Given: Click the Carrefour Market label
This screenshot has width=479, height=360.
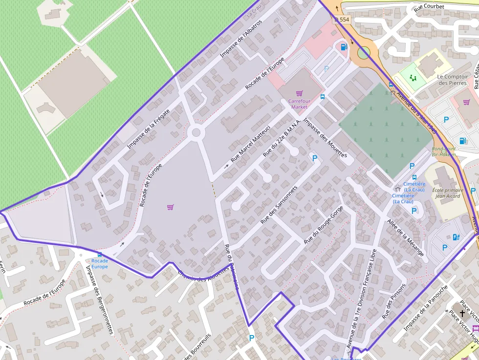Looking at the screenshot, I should point(299,104).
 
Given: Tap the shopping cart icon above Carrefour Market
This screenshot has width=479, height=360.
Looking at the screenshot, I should point(299,93).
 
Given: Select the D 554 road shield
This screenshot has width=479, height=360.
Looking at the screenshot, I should point(343,20).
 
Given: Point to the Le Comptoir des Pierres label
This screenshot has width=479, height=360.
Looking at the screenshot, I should point(452,80).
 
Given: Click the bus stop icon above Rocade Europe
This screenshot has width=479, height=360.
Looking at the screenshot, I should point(100,254).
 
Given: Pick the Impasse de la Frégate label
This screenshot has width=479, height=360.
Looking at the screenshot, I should point(149,129).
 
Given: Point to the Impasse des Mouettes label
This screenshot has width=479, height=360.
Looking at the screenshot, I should point(325,138).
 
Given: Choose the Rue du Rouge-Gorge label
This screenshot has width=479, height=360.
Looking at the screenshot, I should point(323,225).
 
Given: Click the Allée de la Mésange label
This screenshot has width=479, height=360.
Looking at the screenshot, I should point(405,238).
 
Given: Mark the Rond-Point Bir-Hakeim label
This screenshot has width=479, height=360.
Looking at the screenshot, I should point(444,151).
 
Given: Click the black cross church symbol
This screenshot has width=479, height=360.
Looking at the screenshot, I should point(462,314).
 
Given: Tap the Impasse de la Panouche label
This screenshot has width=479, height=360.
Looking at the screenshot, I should point(425,308).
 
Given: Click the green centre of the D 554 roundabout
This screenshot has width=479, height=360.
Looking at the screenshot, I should point(364,52).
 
